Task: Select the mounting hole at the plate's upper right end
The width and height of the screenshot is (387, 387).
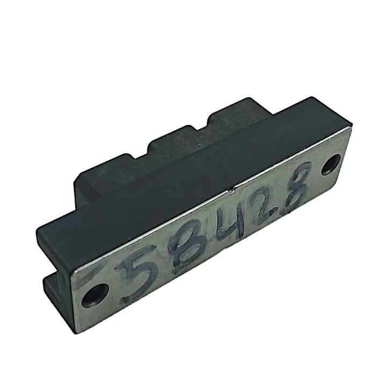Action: coord(332,164)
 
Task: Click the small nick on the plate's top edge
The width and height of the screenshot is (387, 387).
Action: coord(231,190)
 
